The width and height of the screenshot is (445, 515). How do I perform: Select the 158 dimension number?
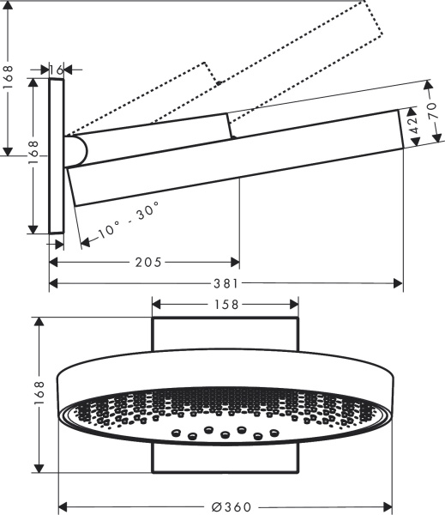pos(226,303)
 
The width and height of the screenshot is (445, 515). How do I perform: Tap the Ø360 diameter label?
pos(226,506)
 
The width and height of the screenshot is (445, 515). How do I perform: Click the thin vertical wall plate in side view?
pos(57,155)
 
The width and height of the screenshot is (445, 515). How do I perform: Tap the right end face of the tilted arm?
pos(404,128)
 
